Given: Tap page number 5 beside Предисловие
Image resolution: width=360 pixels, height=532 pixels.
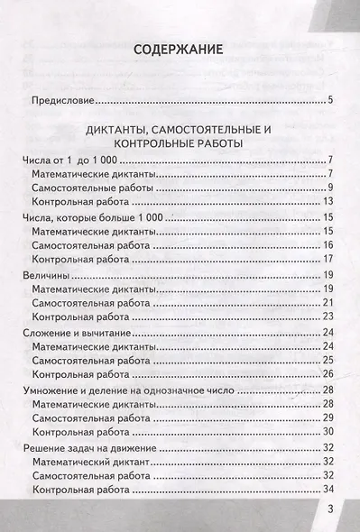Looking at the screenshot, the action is point(331,101).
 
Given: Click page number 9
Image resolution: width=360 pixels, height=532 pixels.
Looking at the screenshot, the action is point(331,188).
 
